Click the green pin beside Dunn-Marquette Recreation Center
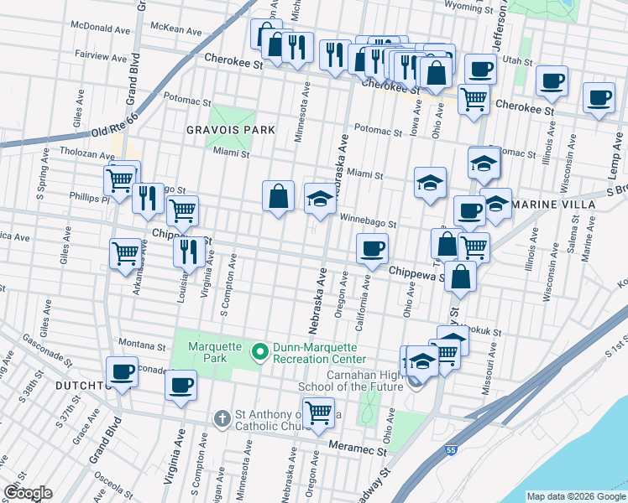click(260, 353)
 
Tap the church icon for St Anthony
click(222, 417)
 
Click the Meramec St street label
click(358, 449)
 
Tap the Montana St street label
click(141, 345)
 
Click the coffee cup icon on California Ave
click(372, 247)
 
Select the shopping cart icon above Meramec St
click(318, 412)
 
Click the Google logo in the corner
click(28, 493)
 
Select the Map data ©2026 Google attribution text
click(574, 496)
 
